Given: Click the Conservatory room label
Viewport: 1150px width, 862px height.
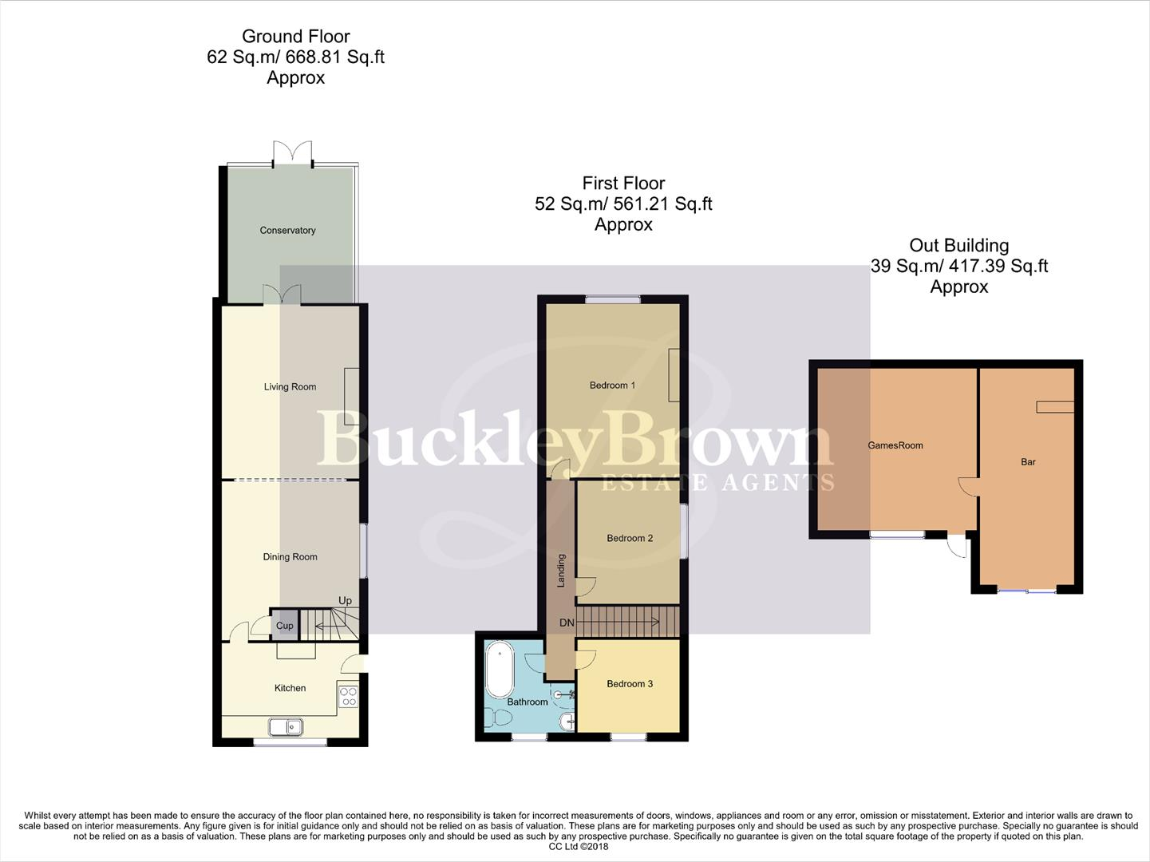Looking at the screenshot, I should coord(287,231).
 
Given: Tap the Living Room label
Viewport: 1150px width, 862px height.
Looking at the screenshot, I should coord(290,387).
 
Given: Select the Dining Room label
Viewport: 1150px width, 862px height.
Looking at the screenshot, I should coord(290,557).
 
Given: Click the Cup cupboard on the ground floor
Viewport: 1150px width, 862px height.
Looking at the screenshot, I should coord(284,626).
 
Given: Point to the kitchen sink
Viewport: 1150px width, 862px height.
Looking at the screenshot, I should coord(285,726).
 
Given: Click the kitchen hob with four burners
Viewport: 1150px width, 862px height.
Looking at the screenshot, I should coord(348,696).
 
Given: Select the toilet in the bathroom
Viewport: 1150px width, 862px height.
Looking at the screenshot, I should coord(499,719).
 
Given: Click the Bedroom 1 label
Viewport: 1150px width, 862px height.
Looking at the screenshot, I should coord(612,386).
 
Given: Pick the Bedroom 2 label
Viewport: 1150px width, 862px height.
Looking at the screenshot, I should coord(630,538).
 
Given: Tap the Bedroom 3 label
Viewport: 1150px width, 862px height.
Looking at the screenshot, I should coord(630,684).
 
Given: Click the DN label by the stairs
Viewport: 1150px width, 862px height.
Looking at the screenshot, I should coord(567,623).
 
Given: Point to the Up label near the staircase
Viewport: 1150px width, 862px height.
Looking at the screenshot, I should coord(345,601).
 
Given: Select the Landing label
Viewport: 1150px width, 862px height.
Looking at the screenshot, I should coord(561,571).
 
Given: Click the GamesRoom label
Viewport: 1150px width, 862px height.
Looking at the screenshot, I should coord(895,445).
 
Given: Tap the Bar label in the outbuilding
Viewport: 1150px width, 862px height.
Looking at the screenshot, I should coord(1028,462).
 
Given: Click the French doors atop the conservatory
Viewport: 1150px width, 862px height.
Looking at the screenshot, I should coord(292,153).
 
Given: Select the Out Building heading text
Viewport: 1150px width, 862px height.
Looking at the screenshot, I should coord(958,246).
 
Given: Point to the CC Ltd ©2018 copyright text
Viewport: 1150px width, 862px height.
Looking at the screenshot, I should coord(575,847).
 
